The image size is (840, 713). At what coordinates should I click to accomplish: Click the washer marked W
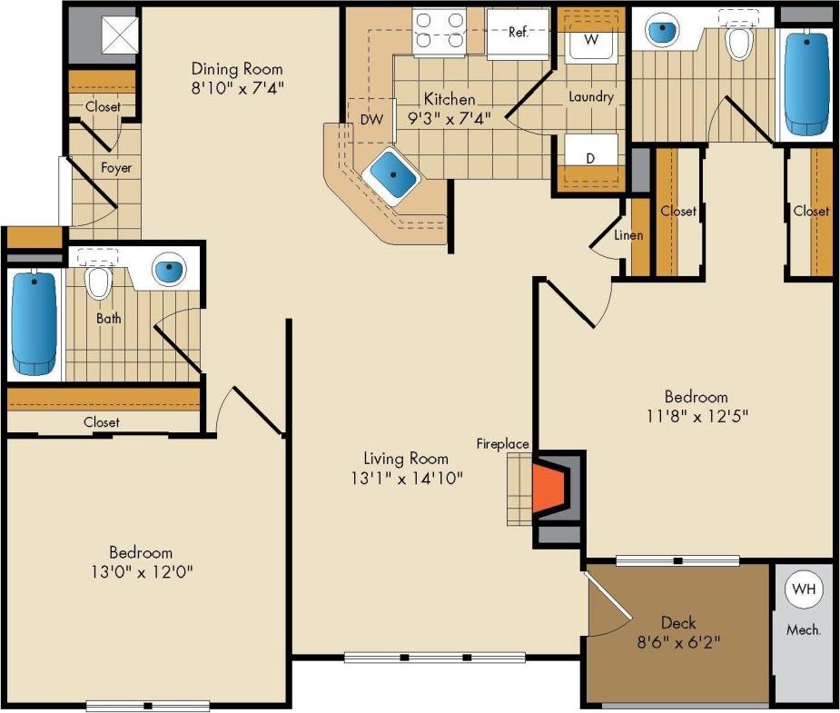(x=589, y=40)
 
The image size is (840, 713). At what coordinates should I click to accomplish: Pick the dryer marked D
(x=590, y=158)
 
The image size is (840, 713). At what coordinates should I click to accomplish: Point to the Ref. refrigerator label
(x=518, y=32)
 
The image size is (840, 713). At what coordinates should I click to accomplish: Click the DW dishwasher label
(x=371, y=119)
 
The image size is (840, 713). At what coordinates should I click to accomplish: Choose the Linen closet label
(x=628, y=235)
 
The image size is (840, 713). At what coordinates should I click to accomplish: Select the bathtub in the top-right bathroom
(x=807, y=84)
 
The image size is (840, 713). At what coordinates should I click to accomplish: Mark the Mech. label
(x=803, y=629)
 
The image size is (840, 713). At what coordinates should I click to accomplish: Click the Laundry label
(x=590, y=97)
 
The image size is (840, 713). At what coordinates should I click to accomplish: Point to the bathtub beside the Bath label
(x=35, y=323)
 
